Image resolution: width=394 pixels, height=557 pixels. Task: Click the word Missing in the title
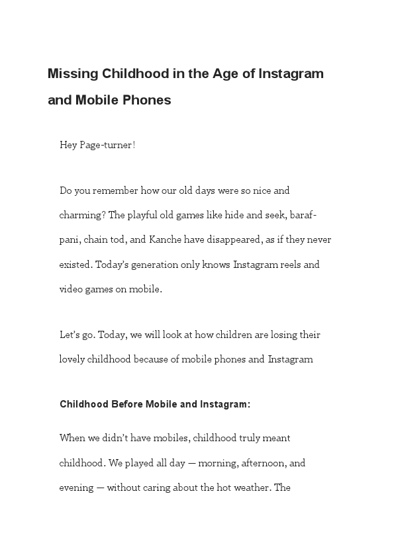tap(73, 73)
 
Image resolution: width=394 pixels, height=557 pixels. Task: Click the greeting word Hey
tap(68, 145)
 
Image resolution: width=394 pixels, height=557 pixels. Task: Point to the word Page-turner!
tap(108, 145)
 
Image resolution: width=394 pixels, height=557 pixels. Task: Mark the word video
tap(72, 289)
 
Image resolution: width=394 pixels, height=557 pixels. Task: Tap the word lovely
tap(74, 359)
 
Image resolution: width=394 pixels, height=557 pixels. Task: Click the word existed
tap(75, 265)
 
